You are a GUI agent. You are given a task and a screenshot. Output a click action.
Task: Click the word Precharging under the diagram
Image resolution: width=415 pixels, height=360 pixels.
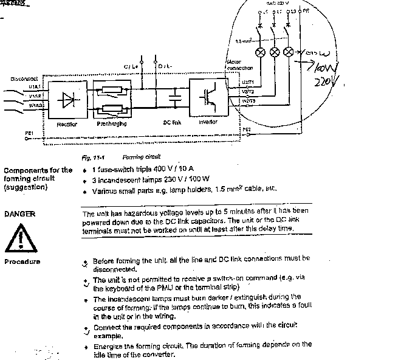click(x=111, y=123)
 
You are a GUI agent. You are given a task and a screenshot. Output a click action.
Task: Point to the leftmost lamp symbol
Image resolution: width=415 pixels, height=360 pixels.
click(x=262, y=52)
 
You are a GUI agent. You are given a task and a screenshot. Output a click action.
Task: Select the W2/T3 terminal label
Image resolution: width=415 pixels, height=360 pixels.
click(x=248, y=100)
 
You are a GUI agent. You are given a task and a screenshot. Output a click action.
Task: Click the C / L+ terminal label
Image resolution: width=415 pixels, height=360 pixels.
click(x=129, y=65)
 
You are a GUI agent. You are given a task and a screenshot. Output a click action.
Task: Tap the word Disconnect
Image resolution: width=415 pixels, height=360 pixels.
click(x=23, y=78)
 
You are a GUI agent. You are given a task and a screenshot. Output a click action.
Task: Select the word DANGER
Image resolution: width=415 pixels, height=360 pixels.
click(x=19, y=214)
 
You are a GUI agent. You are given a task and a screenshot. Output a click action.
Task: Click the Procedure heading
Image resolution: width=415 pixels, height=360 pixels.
click(x=22, y=261)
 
